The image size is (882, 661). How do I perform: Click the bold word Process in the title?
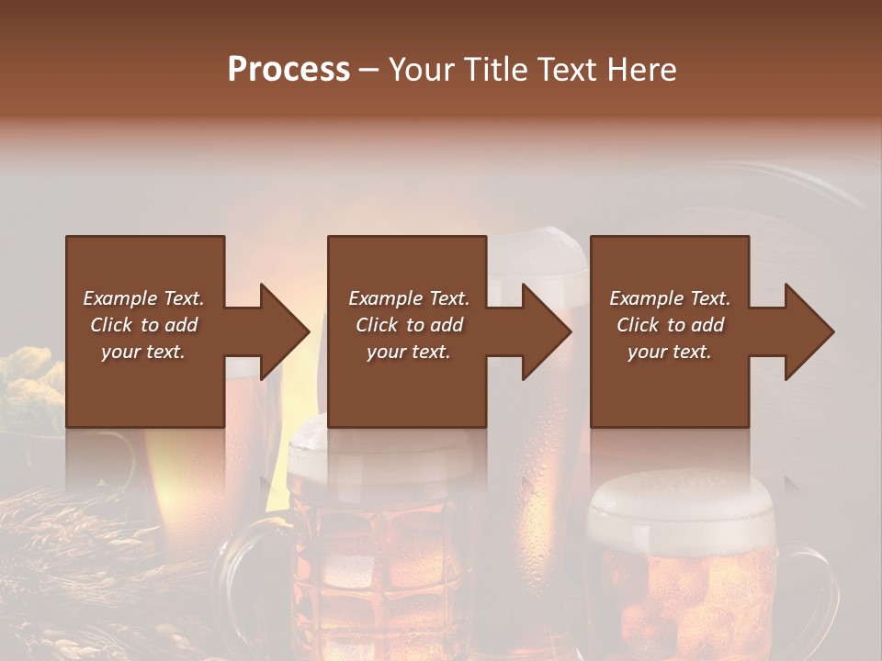pos(288,69)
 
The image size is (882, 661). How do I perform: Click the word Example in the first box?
pos(119,298)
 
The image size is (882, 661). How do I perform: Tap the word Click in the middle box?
pos(377,325)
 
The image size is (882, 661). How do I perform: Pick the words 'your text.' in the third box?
pos(669,352)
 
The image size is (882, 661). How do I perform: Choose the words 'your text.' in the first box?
pos(143,352)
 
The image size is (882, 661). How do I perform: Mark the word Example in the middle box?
pos(384,298)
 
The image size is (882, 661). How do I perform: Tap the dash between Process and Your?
pos(369,70)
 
